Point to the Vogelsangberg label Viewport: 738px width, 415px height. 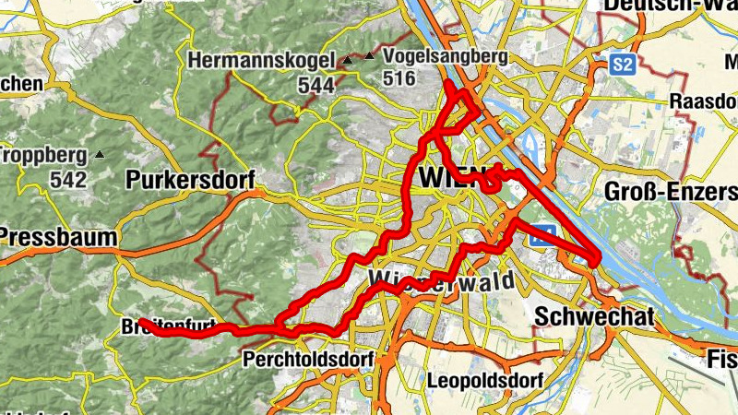445,57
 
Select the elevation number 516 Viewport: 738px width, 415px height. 399,78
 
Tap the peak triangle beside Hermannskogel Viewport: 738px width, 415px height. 347,62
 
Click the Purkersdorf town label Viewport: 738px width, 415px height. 191,179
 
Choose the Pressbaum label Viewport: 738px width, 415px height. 57,238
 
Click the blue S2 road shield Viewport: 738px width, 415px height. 625,64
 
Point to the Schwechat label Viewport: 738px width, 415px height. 594,317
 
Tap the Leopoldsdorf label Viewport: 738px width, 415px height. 485,379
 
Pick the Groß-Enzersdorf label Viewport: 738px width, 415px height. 671,192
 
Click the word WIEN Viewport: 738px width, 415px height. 449,176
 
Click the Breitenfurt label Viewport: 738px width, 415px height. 168,326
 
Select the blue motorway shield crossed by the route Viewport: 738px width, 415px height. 543,234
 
